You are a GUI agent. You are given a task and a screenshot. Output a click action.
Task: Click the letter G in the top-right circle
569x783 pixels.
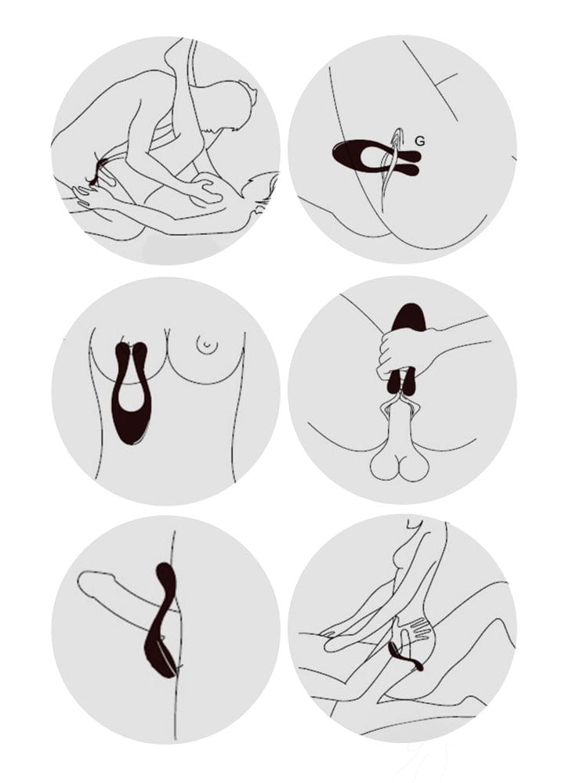pos(420,142)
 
